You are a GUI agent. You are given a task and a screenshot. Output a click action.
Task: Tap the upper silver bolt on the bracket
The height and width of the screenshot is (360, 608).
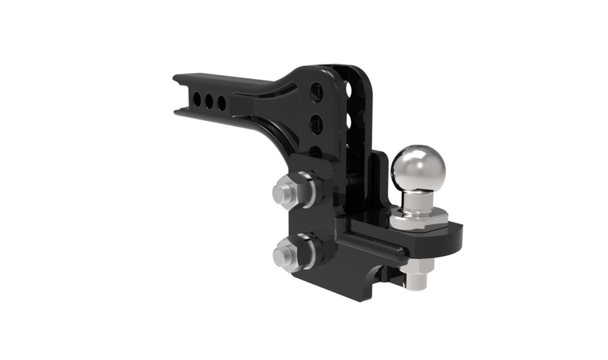point(284,191)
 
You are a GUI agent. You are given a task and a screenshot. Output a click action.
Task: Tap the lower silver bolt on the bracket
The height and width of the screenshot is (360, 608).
point(284,252)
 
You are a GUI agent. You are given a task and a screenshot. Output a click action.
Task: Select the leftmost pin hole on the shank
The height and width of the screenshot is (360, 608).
point(197,99)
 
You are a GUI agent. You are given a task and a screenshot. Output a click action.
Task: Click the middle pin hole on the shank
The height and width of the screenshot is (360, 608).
point(209,101)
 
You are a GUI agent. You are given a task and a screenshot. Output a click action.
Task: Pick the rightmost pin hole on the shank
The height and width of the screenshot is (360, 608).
point(222,103)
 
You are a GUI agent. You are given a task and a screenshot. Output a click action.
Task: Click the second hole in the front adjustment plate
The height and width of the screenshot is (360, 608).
point(316,124)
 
